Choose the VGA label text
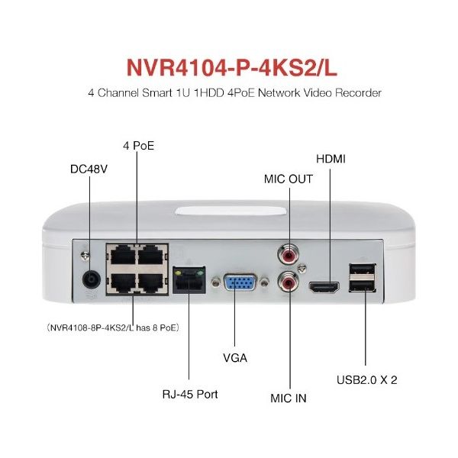[x=234, y=356]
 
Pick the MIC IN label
[x=289, y=398]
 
